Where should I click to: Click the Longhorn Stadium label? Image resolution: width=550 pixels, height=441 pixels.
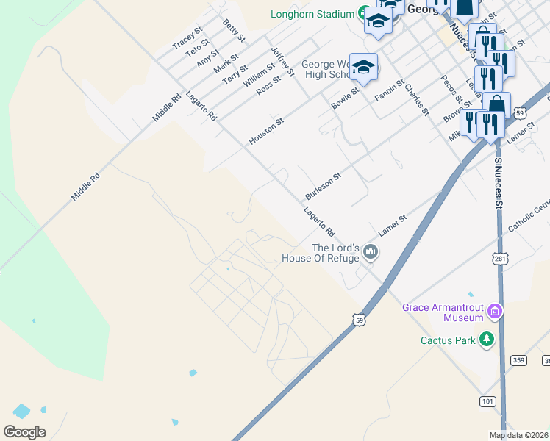click(312, 13)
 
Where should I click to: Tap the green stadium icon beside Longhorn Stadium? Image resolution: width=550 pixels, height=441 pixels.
click(363, 13)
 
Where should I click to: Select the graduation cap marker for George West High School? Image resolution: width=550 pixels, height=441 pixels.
click(363, 68)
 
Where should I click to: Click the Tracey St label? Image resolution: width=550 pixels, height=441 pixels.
click(187, 38)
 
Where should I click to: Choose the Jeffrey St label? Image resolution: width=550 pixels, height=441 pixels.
click(282, 62)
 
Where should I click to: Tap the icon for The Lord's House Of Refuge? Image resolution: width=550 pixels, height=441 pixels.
click(370, 253)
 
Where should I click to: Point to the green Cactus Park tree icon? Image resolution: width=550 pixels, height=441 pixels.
click(485, 339)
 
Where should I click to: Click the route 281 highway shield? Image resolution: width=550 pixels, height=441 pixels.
click(499, 261)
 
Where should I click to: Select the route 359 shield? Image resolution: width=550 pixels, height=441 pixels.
click(519, 360)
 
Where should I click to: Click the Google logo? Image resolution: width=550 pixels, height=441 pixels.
click(24, 432)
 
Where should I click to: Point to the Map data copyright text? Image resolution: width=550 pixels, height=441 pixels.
click(519, 435)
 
